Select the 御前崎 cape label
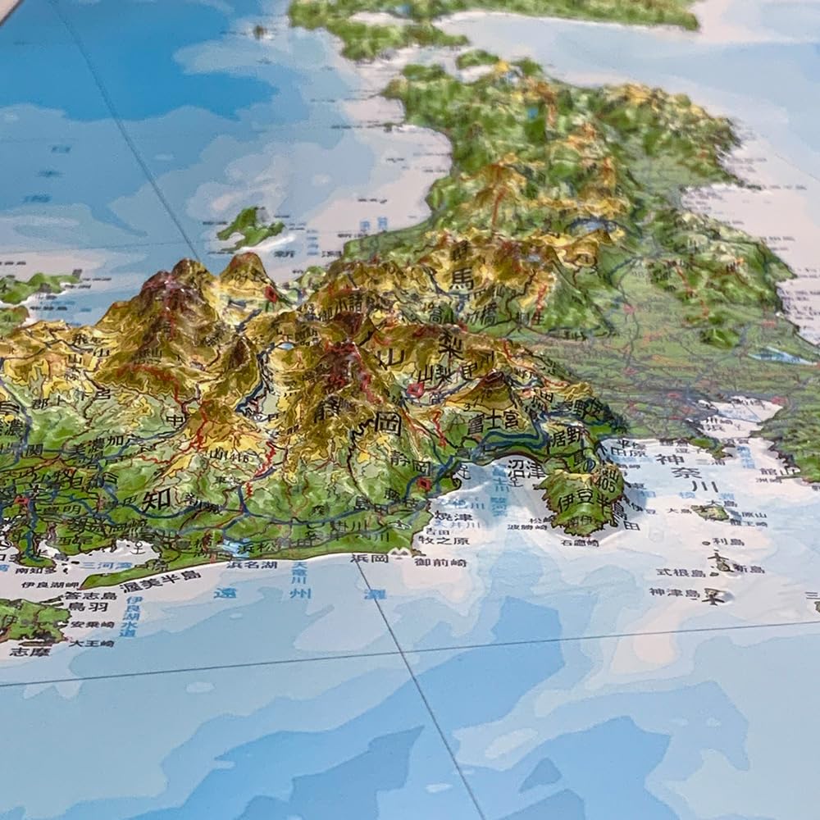pyautogui.click(x=440, y=563)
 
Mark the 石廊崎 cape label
pyautogui.click(x=581, y=541)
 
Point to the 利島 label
pyautogui.click(x=727, y=542)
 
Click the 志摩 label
pyautogui.click(x=18, y=652)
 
